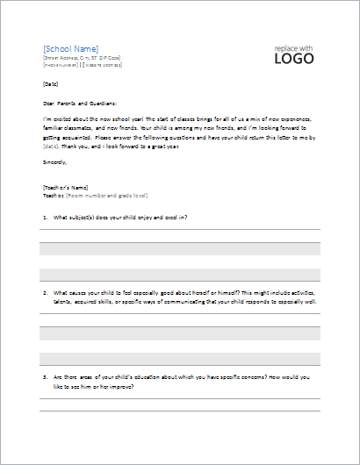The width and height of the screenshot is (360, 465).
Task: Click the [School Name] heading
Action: tap(71, 48)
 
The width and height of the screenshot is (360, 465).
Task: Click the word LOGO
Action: tap(294, 60)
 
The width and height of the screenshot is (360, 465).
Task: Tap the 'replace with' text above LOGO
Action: tap(293, 46)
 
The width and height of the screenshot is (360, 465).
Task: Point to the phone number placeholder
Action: tap(61, 65)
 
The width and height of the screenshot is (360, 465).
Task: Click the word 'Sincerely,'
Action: tap(56, 162)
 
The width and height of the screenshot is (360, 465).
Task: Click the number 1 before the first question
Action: tap(44, 216)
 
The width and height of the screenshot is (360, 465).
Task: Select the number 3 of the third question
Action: tap(44, 376)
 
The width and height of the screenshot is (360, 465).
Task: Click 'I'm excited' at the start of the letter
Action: tap(57, 117)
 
